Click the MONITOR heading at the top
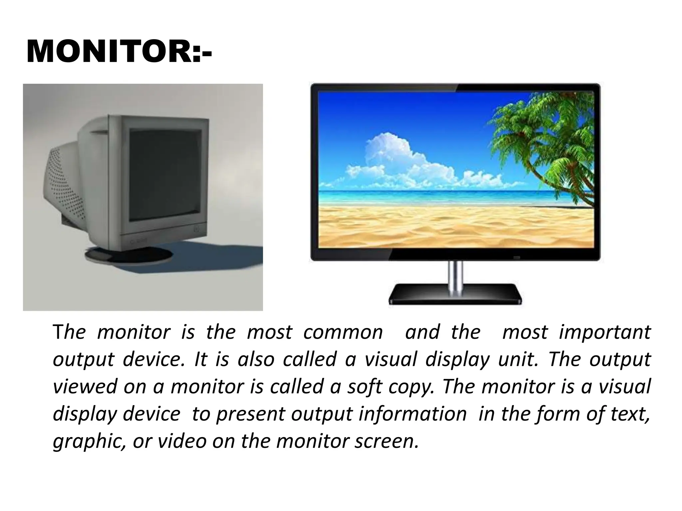coord(119,52)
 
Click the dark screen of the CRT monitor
coord(165,175)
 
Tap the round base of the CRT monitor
coord(128,255)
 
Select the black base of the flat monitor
coord(455,294)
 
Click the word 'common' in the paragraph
coord(343,332)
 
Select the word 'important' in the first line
coord(605,332)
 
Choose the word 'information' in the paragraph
coord(413,414)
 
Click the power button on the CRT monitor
coord(195,229)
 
